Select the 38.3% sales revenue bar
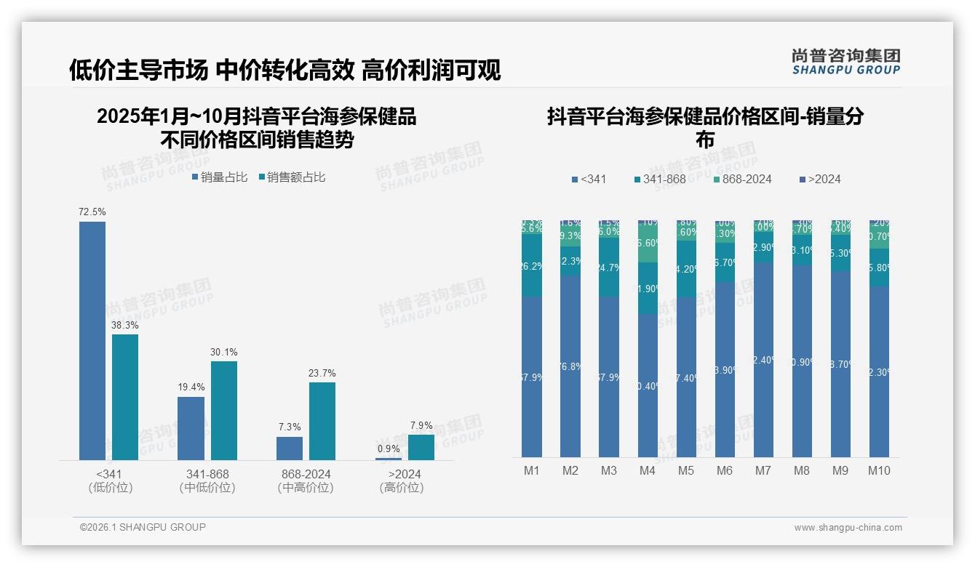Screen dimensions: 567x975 tap(125, 397)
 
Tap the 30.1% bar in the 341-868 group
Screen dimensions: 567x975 tap(224, 411)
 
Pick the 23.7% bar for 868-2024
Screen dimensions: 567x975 tap(322, 421)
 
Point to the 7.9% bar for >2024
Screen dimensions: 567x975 tap(421, 447)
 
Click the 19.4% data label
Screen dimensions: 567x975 tap(191, 387)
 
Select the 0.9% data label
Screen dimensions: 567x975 tap(389, 449)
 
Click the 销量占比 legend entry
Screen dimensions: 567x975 tap(219, 177)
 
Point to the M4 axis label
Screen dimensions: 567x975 tap(647, 470)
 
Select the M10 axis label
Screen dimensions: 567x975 tap(879, 470)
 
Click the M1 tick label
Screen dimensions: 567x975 tap(532, 470)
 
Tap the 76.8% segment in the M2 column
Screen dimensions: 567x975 tap(570, 366)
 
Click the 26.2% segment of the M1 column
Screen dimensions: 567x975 tap(532, 266)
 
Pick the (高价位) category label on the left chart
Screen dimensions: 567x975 tap(402, 488)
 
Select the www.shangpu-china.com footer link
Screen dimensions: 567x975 tap(848, 528)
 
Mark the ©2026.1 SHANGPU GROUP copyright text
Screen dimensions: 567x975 tap(143, 527)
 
